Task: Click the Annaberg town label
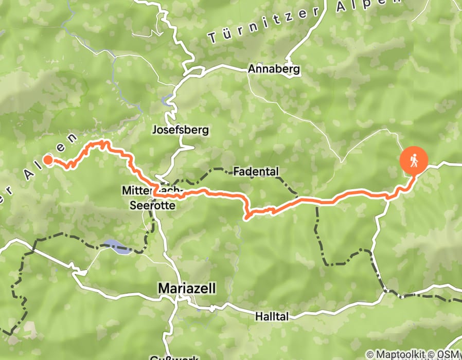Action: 274,69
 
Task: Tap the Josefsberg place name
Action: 180,130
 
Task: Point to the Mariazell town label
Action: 187,289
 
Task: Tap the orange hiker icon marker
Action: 414,161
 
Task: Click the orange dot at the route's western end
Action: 48,160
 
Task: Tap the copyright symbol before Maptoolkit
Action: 370,355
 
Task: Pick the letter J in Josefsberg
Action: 154,130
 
